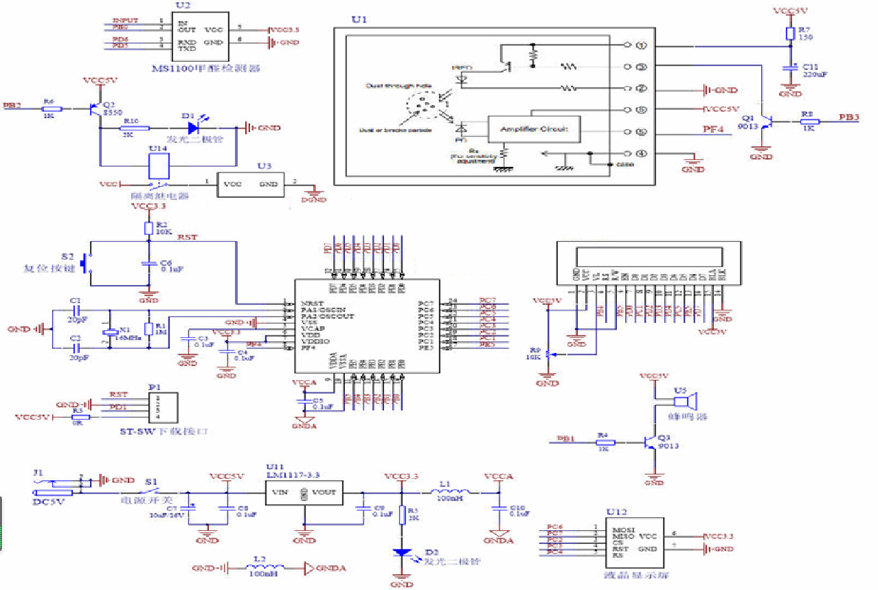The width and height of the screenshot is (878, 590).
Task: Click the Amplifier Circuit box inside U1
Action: point(533,128)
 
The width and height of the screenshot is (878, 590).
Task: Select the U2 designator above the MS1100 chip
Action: point(183,5)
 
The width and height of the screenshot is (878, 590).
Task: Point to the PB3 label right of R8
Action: point(849,117)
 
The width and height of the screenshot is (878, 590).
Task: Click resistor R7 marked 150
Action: point(790,34)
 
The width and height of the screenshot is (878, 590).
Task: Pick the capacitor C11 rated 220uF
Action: point(790,68)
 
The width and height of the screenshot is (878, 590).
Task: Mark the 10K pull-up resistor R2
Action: point(148,229)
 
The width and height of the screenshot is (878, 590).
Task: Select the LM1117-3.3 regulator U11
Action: point(304,492)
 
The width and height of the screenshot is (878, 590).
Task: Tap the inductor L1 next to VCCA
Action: point(450,491)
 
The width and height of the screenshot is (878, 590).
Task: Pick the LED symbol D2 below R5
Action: point(401,553)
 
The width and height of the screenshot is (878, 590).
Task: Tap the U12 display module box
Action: point(633,542)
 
